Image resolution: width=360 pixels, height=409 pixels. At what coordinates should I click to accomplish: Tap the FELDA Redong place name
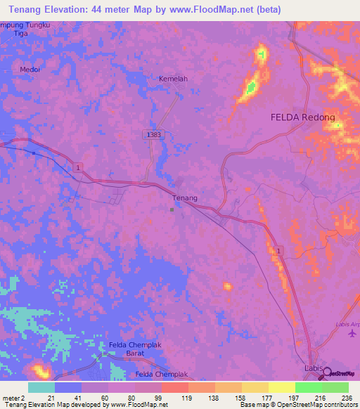(303, 118)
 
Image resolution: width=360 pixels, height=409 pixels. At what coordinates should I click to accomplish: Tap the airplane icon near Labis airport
(352, 332)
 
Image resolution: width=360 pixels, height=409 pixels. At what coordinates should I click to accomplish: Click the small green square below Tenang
(172, 209)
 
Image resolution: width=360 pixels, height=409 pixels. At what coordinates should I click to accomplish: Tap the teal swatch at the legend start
(41, 387)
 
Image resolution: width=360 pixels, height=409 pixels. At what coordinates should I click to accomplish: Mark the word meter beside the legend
(11, 398)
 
